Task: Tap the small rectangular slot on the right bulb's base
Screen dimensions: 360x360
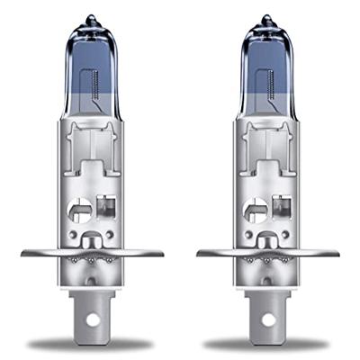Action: pyautogui.click(x=277, y=213)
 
